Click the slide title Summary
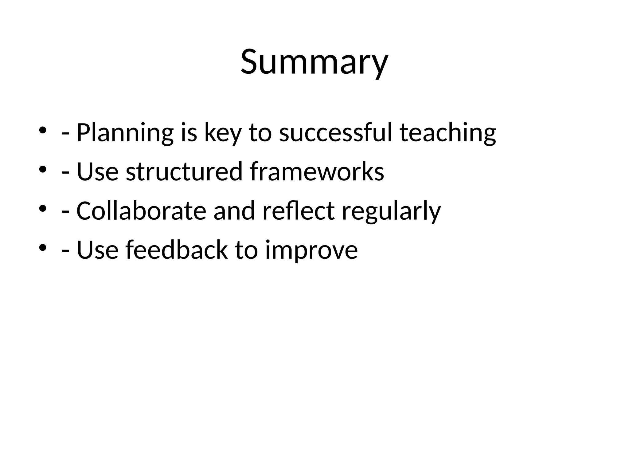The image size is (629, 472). click(x=314, y=62)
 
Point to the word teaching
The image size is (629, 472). click(x=447, y=133)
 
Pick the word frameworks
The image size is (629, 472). click(x=317, y=171)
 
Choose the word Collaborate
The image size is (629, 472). click(x=141, y=211)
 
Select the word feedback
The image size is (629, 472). click(x=177, y=250)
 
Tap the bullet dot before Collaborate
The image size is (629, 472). click(x=42, y=209)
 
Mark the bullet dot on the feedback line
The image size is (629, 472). click(x=42, y=247)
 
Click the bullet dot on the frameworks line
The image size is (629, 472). click(x=42, y=169)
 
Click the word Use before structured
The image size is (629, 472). click(x=97, y=171)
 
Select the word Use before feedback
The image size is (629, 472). click(x=97, y=250)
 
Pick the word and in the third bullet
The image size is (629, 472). click(x=234, y=211)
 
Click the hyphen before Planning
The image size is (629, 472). click(x=65, y=134)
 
